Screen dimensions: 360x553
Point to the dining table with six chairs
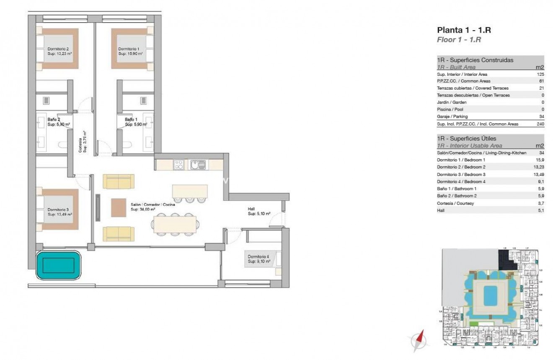point(175,224)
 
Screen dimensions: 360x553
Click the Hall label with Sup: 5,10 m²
point(258,211)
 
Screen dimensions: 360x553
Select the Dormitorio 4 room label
point(258,259)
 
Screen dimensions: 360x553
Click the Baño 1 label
point(135,122)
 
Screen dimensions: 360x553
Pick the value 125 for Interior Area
point(540,74)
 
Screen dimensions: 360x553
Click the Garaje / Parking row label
point(452,117)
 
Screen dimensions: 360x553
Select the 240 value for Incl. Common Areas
point(539,124)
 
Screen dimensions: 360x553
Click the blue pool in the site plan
point(489,296)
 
